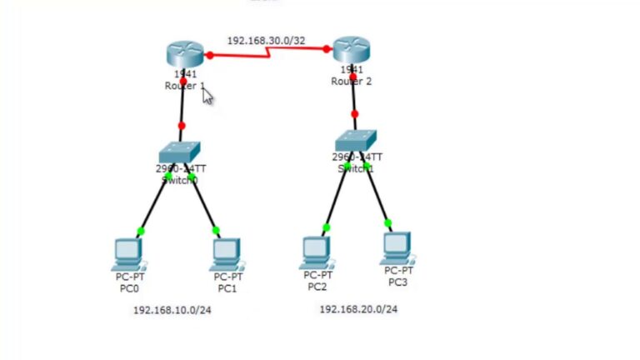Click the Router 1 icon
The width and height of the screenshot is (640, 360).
184,54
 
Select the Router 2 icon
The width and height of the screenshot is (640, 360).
351,50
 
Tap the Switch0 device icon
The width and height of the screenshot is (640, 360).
179,152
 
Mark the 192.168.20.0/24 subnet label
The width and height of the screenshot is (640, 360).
358,309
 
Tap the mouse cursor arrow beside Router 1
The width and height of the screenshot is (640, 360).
207,97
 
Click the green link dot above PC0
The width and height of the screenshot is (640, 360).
141,231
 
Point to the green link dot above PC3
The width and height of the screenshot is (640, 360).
387,222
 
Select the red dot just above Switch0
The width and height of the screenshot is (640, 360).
181,126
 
